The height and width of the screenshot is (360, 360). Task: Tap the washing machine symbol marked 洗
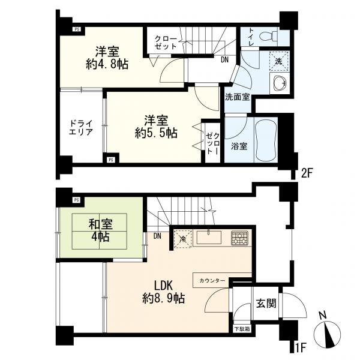coord(278,61)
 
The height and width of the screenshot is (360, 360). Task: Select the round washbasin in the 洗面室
coord(280,82)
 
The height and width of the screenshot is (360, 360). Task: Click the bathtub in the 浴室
coord(266,140)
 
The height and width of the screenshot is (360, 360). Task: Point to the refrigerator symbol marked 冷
coord(182,239)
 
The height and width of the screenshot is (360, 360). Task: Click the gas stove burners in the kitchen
coord(239,237)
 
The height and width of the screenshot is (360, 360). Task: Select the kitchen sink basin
coord(209,238)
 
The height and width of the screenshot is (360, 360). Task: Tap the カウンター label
coord(212,281)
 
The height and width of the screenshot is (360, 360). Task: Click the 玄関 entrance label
coord(266,304)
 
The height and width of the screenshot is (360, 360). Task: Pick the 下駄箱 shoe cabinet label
coord(242,329)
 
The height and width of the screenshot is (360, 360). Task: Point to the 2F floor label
coord(307,173)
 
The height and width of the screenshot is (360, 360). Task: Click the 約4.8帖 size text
coord(107,64)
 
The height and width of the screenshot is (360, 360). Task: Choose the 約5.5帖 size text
coord(156,133)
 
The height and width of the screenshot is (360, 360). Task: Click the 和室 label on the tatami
coord(101,224)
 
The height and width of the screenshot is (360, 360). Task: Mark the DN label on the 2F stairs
coord(225,60)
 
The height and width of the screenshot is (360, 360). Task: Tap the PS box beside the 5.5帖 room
coord(110,160)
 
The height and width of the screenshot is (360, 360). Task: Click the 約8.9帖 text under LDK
coord(163,299)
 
